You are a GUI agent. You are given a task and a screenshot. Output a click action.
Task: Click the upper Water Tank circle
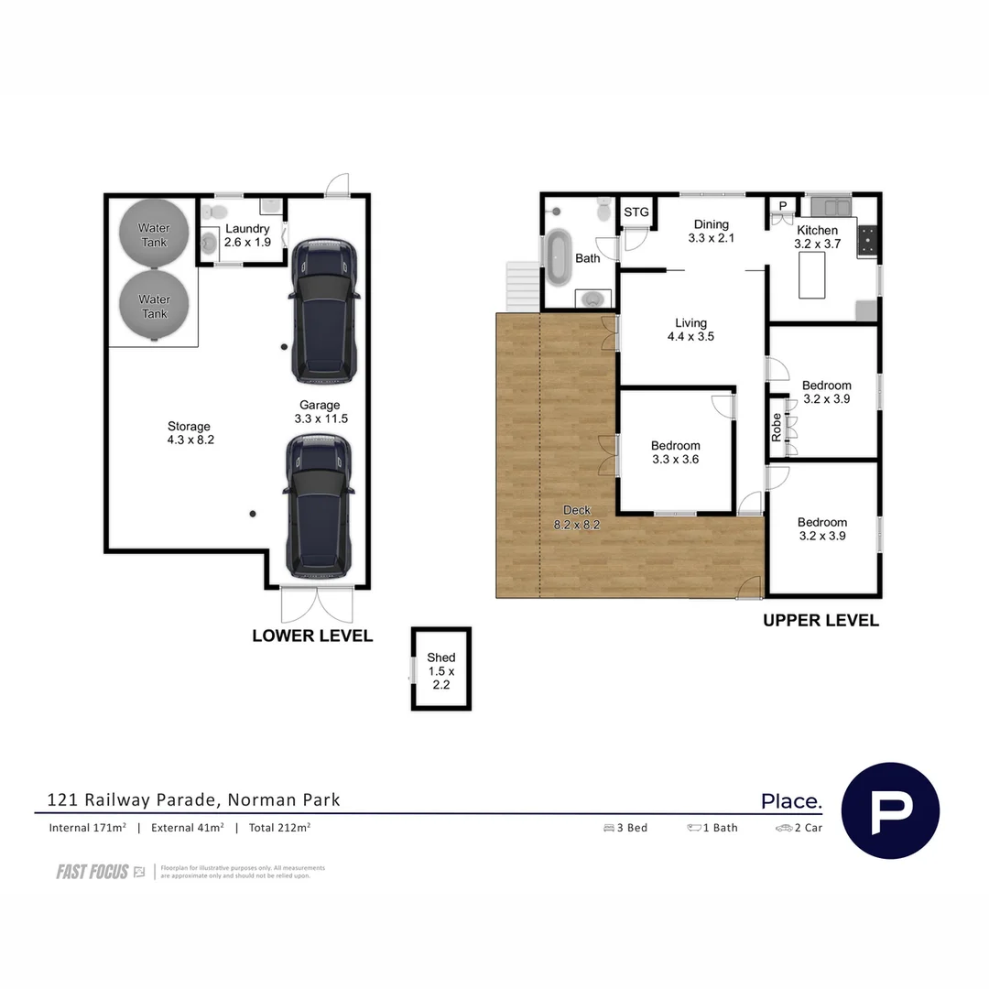point(154,234)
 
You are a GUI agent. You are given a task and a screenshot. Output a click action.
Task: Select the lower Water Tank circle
point(154,305)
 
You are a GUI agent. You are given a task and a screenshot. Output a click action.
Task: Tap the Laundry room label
point(247,235)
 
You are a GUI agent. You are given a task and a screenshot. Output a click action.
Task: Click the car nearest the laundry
point(325,310)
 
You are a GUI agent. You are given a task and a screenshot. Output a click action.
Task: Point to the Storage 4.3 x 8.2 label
point(189,432)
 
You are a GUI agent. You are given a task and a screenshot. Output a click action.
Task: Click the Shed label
point(440,670)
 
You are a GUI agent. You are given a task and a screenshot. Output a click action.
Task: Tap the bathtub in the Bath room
point(558,258)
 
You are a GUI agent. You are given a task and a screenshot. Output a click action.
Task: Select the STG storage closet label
point(636,212)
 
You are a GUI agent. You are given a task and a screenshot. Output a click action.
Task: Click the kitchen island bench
point(812,276)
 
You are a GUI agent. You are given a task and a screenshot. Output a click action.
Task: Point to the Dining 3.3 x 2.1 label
point(711,231)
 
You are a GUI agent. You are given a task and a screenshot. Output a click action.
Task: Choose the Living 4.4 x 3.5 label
point(690,330)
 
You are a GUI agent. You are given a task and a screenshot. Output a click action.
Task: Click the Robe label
point(777,428)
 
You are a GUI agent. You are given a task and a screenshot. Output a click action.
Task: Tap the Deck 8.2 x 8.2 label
point(577,517)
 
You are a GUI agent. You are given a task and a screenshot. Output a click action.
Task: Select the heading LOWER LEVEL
point(312,636)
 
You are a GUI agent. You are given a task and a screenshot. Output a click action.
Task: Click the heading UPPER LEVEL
point(821,620)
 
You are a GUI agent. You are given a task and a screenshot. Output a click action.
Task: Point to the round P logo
point(889,810)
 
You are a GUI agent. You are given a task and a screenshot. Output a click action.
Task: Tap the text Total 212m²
point(279,828)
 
